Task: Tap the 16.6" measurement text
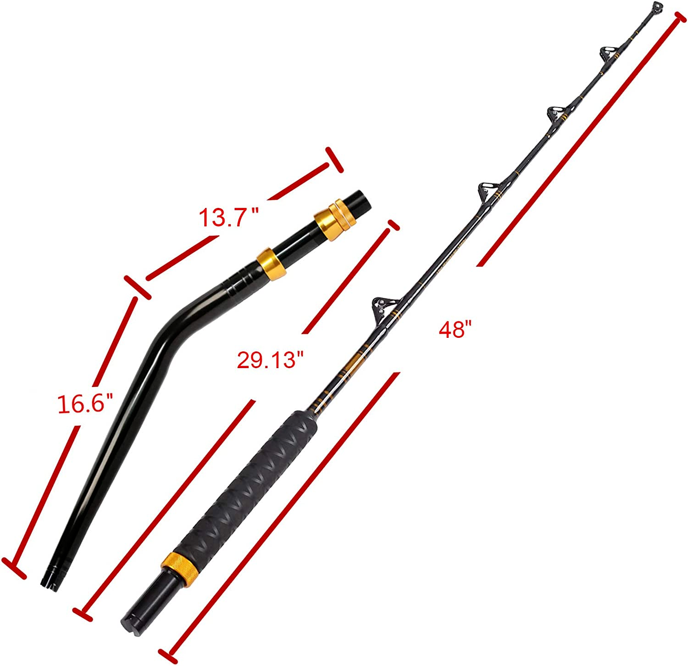coord(85,404)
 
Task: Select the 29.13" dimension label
coord(271,359)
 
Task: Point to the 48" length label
coord(455,330)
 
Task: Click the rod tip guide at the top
coord(657,7)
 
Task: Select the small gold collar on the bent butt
coord(272,263)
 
